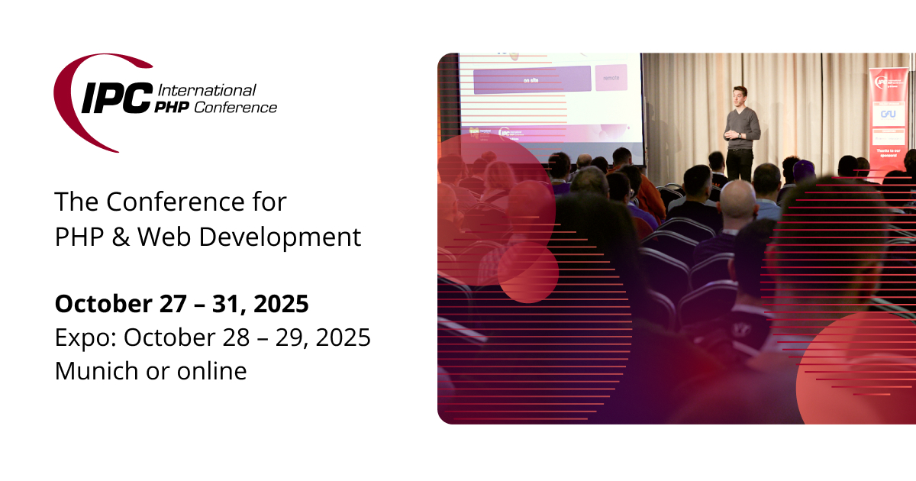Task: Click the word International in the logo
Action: point(206,90)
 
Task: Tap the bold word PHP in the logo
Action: point(173,108)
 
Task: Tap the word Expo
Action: point(79,337)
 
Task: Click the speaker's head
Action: point(739,95)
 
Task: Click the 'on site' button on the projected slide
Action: point(532,79)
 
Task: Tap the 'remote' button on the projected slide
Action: point(611,78)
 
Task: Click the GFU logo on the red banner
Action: point(888,113)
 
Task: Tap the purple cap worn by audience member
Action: point(803,169)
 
